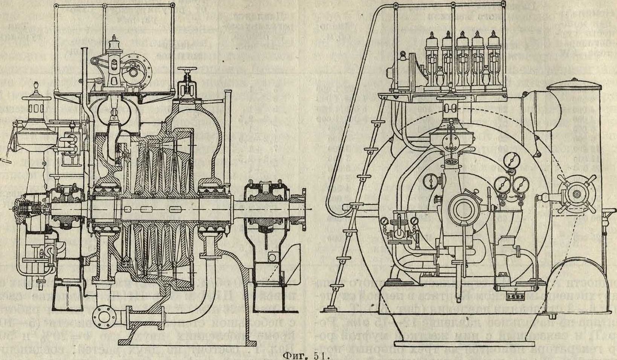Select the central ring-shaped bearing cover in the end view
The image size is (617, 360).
tap(463, 208)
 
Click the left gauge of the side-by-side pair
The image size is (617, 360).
tap(501, 185)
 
